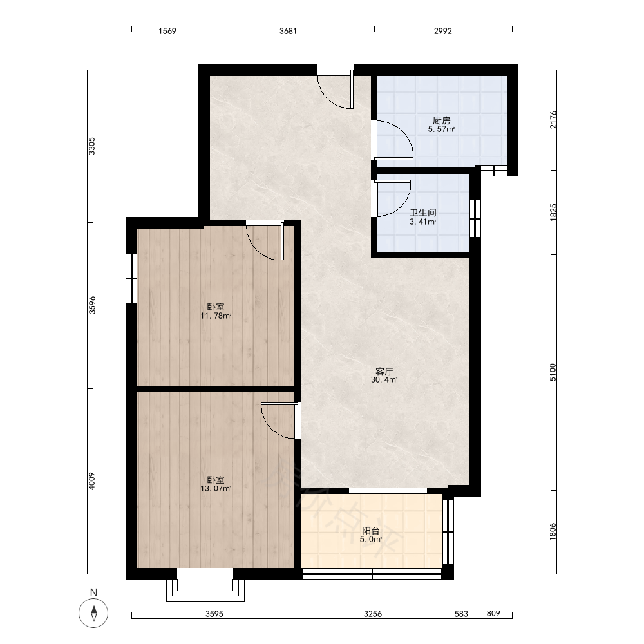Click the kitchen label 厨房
(442, 120)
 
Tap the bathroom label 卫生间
(423, 213)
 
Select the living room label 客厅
(384, 372)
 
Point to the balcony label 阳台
(371, 531)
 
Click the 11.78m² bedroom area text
(216, 316)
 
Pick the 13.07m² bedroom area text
(216, 488)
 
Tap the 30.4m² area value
(384, 380)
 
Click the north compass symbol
(93, 613)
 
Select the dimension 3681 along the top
(288, 31)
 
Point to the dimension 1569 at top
(167, 31)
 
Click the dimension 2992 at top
(443, 31)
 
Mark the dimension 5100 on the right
(553, 372)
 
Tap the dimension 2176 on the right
(553, 120)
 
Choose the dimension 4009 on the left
(91, 481)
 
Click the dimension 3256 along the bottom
(373, 614)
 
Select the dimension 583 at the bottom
(461, 614)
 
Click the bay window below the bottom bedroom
(205, 591)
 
